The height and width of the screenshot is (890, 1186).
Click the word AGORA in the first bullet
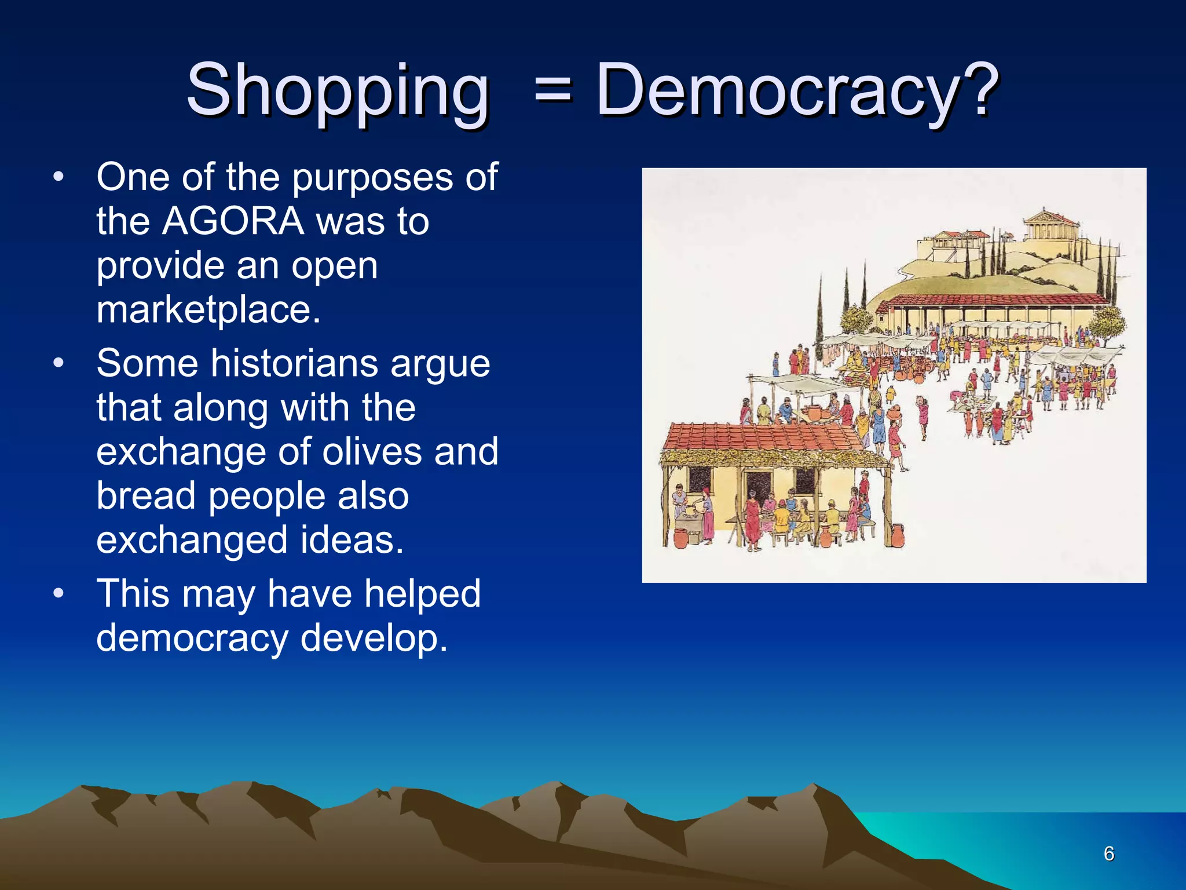233,221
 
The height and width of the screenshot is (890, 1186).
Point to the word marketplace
208,309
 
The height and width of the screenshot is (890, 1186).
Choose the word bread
146,496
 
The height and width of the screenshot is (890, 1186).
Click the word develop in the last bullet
374,638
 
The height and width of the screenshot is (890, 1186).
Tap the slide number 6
1108,853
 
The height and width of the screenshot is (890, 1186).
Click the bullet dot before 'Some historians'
58,364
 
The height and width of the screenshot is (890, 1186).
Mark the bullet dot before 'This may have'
58,594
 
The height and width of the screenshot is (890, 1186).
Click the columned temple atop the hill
1051,226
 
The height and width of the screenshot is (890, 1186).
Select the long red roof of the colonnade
996,300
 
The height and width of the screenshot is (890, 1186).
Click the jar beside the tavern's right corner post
897,535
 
